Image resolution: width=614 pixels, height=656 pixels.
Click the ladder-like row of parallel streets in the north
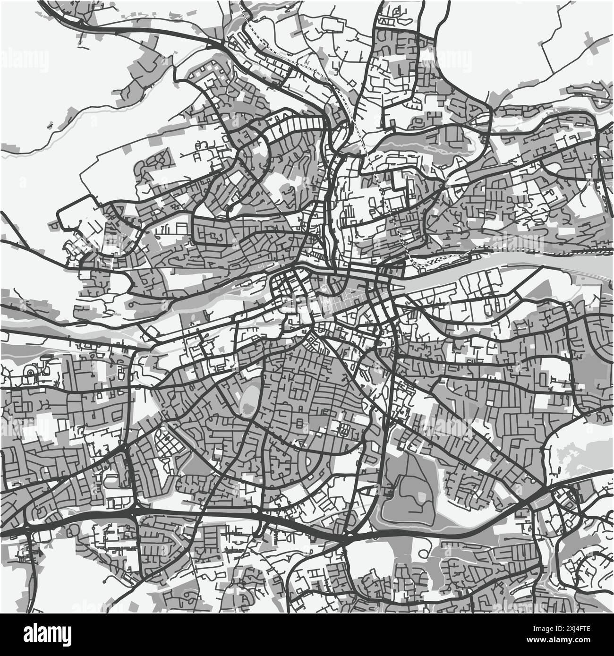pyautogui.click(x=302, y=125)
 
